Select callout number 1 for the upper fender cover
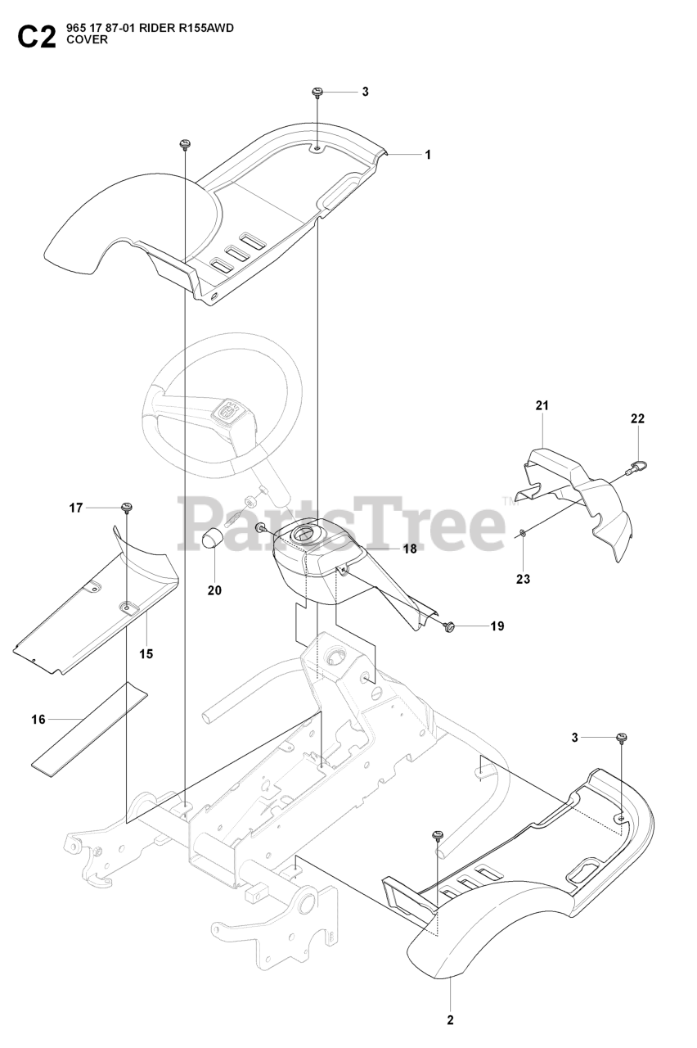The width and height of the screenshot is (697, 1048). coord(427,154)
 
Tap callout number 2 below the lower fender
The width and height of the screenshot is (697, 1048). coord(450,1020)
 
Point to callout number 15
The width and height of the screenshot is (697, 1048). coord(146,654)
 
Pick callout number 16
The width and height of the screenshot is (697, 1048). coord(38,720)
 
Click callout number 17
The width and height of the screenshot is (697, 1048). coord(76,508)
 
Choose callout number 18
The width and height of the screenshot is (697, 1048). coord(410,549)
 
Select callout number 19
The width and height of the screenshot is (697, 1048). coord(497,626)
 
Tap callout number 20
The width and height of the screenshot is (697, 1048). coord(214,589)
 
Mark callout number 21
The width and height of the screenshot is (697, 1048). coord(542,405)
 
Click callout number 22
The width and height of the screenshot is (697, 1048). coord(638,418)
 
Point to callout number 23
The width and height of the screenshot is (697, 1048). coord(523,579)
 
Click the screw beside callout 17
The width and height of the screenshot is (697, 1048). coord(127,508)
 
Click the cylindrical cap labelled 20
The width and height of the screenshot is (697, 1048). coord(214,540)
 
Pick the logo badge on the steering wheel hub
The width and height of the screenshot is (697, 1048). coord(230,412)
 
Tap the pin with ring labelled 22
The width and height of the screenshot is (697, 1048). coord(636,468)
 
